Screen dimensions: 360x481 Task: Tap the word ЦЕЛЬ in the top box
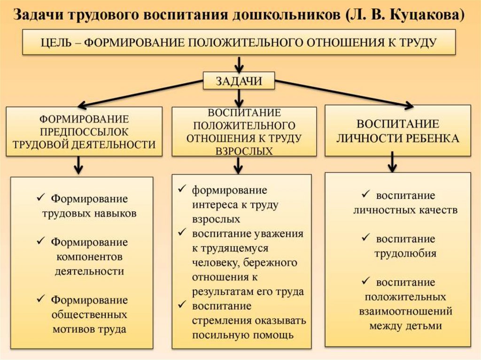(57, 42)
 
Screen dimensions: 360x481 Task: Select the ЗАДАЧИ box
(239, 81)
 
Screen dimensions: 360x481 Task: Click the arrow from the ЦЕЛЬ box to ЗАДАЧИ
(240, 64)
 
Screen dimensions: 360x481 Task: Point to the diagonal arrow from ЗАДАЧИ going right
(343, 93)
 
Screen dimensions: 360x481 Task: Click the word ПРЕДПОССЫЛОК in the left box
(85, 131)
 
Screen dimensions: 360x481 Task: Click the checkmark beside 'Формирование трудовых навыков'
(41, 197)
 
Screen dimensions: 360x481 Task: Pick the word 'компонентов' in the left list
(89, 257)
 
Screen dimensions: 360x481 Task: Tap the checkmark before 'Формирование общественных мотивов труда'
(41, 299)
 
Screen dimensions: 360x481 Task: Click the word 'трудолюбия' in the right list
(405, 253)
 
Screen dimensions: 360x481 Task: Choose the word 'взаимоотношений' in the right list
(405, 311)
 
